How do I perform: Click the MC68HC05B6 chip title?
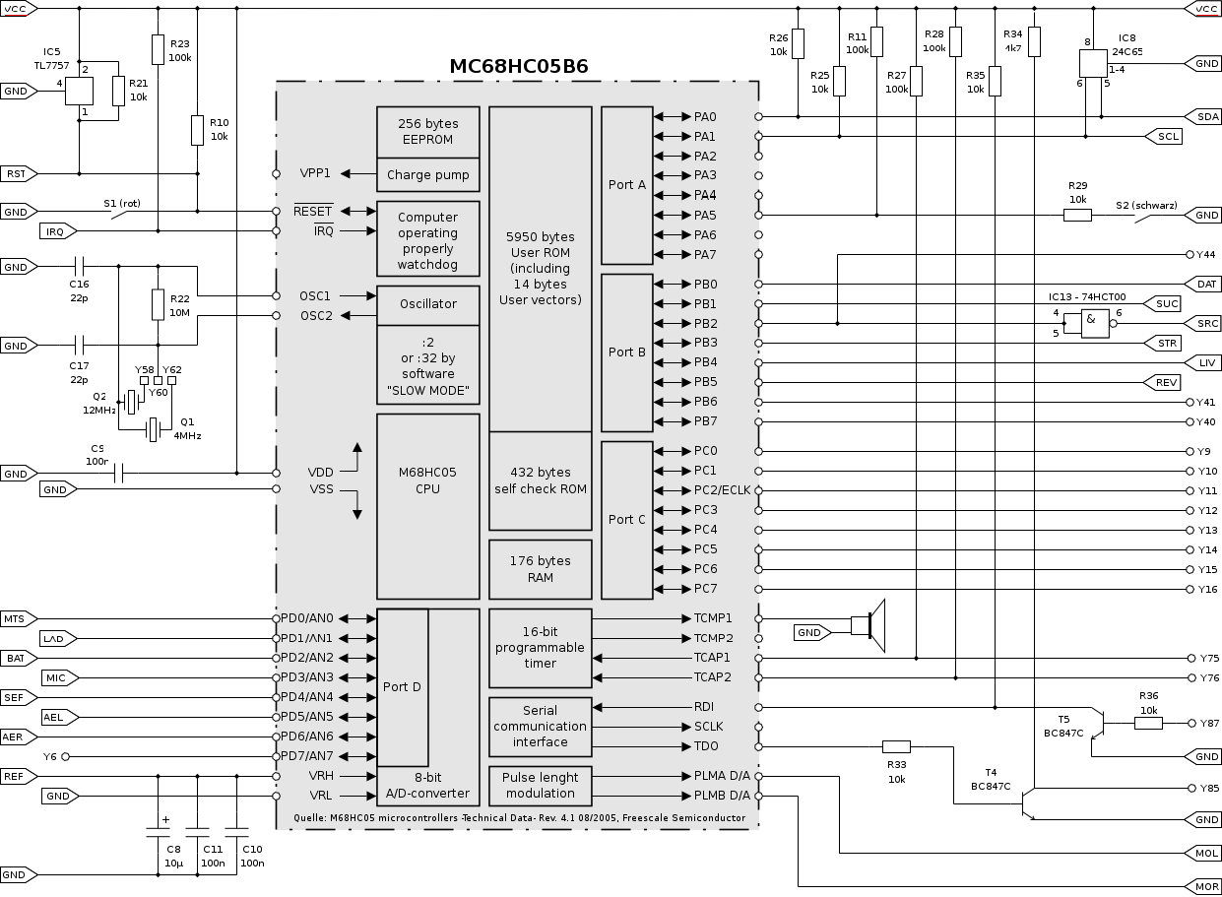click(x=519, y=67)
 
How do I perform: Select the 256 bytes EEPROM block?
click(x=427, y=132)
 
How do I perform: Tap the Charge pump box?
click(x=427, y=174)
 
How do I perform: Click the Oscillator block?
click(x=427, y=304)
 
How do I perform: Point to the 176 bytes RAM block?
click(x=540, y=569)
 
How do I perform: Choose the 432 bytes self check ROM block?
click(x=540, y=481)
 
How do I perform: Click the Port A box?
click(x=627, y=185)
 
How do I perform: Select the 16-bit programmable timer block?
click(x=540, y=648)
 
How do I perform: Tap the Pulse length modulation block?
click(x=540, y=785)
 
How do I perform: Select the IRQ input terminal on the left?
click(x=56, y=231)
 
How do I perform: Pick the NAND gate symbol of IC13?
click(x=1093, y=323)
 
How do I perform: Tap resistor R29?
click(x=1077, y=215)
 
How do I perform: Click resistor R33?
click(x=896, y=746)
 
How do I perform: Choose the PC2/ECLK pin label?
click(x=722, y=490)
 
